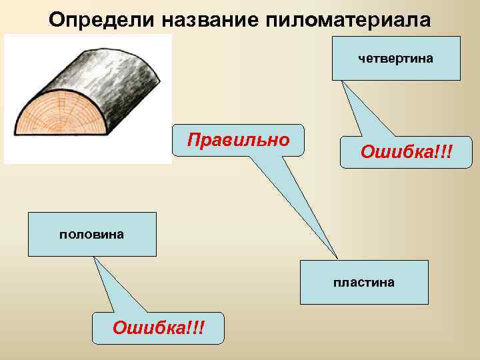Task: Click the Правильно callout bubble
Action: pyautogui.click(x=238, y=140)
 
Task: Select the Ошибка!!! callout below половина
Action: pyautogui.click(x=158, y=328)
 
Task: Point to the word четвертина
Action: pyautogui.click(x=396, y=59)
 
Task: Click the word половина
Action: pyautogui.click(x=92, y=235)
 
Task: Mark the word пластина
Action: pyautogui.click(x=364, y=283)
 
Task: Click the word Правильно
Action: pyautogui.click(x=238, y=140)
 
